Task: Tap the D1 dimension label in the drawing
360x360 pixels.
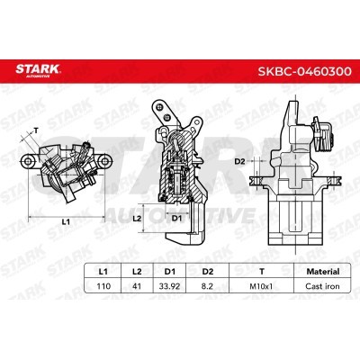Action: (x=176, y=217)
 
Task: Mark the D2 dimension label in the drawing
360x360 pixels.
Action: (x=239, y=161)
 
